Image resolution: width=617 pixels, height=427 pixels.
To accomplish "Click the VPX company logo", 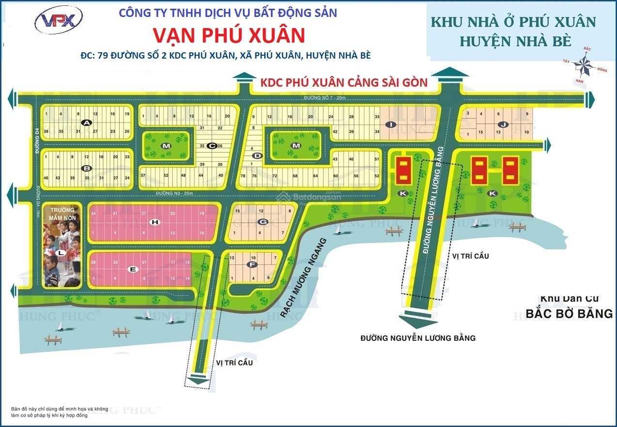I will [58, 20].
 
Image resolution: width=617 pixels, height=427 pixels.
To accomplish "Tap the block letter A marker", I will [86, 122].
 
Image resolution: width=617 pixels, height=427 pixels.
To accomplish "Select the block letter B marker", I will [87, 168].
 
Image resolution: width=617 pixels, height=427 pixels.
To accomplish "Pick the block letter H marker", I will [155, 222].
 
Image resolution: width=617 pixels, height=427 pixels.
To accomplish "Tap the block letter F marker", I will [252, 264].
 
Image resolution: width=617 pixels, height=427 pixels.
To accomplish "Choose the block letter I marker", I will [390, 124].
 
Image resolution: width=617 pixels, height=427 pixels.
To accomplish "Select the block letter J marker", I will [504, 124].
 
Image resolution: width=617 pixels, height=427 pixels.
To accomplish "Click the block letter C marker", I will [211, 145].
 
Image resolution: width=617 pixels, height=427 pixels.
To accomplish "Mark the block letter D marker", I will [257, 155].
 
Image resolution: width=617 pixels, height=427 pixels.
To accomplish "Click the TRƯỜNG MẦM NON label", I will [62, 213].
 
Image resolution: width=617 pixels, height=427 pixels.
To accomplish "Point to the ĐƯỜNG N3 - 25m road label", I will [175, 194].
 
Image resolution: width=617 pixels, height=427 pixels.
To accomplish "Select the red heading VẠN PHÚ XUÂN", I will [229, 35].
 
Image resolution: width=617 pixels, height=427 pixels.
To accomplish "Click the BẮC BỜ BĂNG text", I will [570, 314].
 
